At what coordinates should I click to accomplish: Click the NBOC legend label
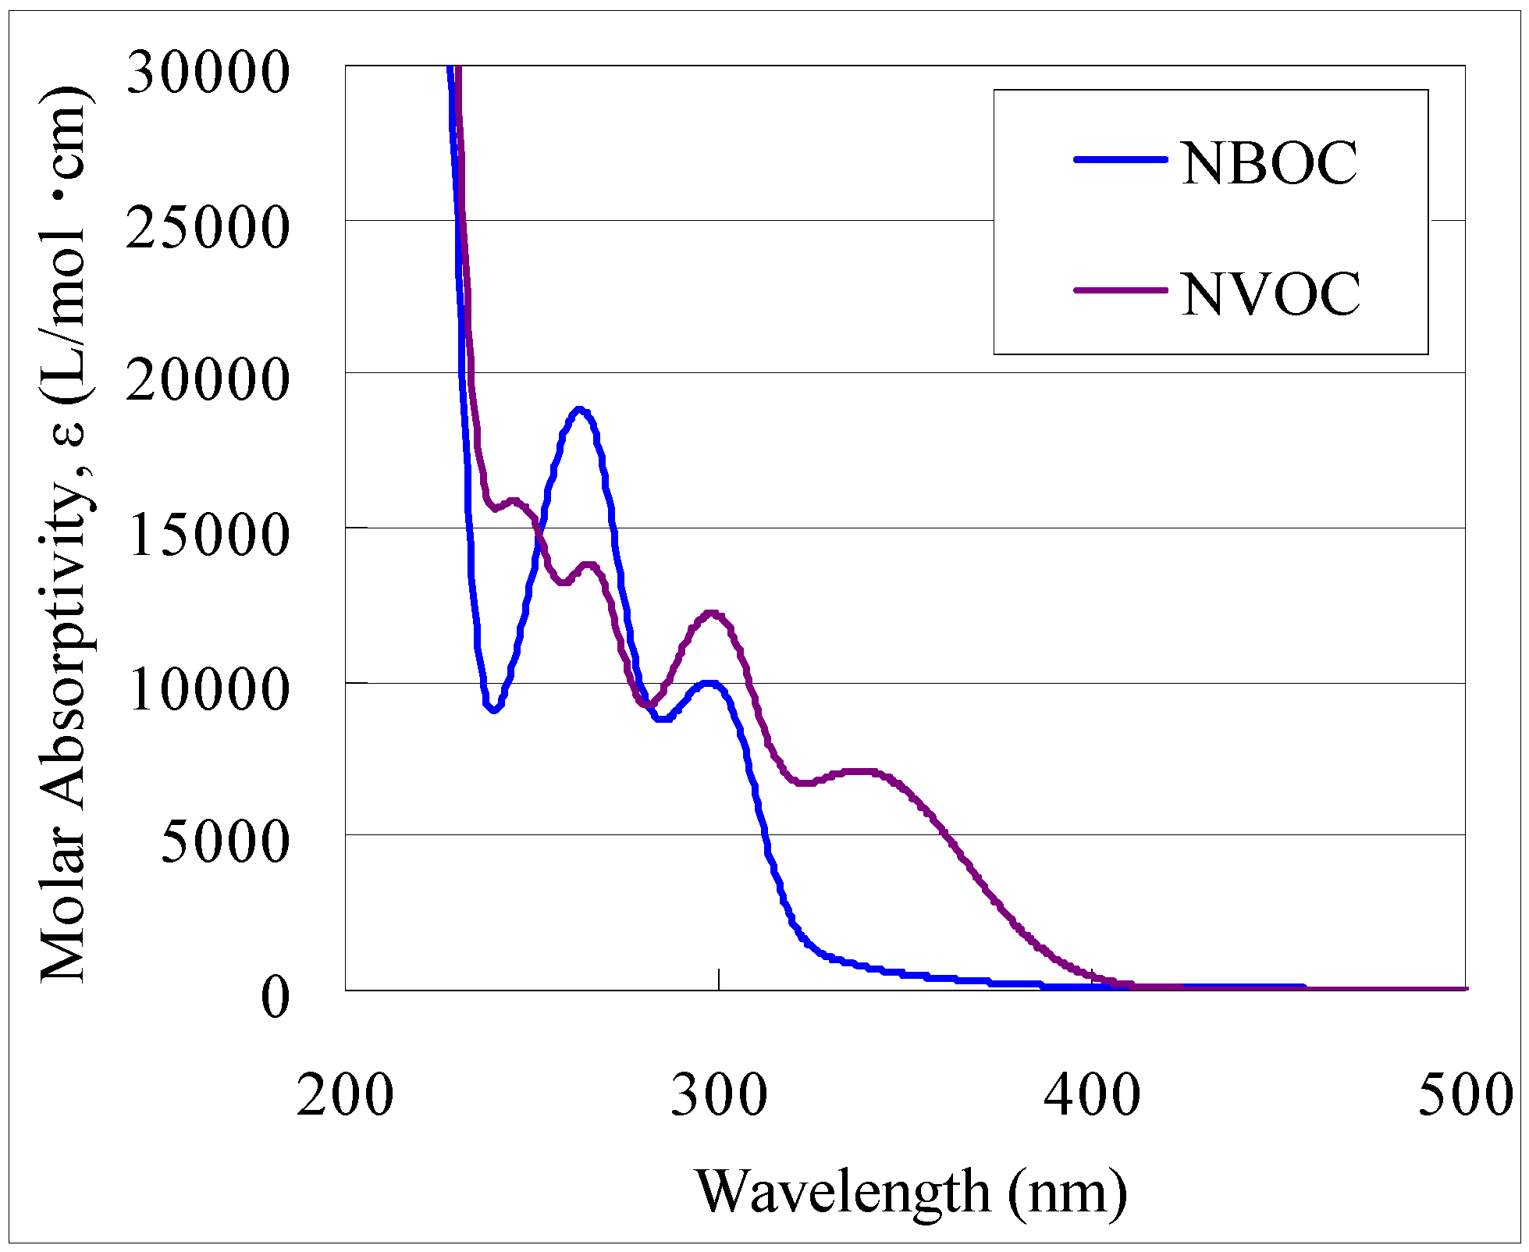pos(1269,164)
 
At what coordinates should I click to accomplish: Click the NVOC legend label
pos(1271,294)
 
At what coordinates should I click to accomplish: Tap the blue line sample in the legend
pos(1120,159)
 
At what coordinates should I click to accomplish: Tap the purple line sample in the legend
pos(1120,290)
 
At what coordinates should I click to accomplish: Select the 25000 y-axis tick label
pos(208,228)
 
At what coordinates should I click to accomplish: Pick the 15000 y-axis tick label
pos(208,535)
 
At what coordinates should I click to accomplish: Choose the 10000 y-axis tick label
pos(208,689)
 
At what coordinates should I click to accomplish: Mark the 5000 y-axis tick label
pos(225,842)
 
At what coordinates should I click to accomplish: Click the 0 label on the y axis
pos(275,997)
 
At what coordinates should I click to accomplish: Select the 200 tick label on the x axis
pos(344,1094)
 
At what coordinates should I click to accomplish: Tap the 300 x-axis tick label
pos(719,1094)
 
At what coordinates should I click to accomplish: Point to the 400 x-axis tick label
pos(1092,1094)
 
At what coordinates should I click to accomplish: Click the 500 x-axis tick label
pos(1464,1094)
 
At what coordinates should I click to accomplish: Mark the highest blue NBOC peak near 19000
pos(578,409)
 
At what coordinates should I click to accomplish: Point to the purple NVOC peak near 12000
pos(710,614)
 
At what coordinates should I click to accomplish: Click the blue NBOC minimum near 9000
pos(493,710)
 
